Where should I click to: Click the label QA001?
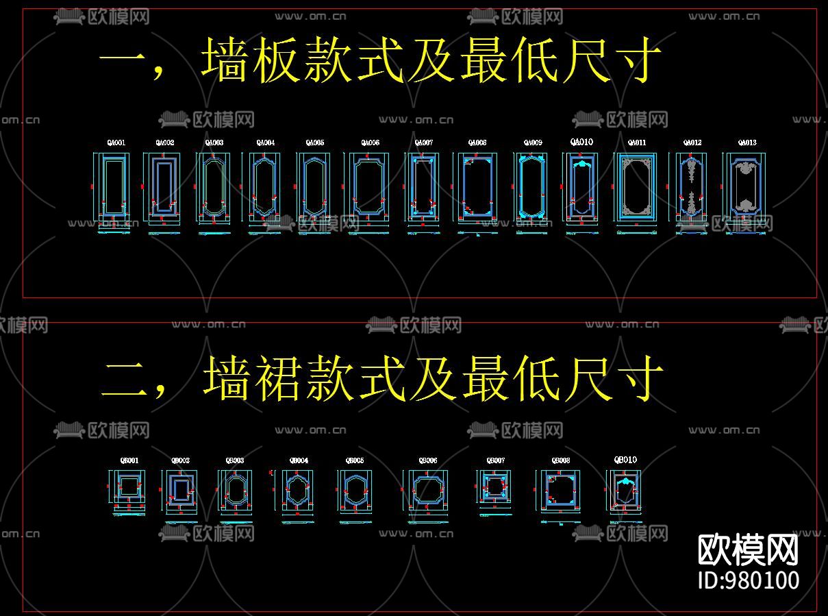click(116, 143)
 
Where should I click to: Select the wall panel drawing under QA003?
click(214, 186)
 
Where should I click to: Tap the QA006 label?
click(371, 143)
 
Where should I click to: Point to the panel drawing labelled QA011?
click(636, 186)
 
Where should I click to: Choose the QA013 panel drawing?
click(747, 186)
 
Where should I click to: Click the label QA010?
click(581, 142)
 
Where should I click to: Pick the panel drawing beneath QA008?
click(477, 186)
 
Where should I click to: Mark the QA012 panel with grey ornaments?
click(692, 186)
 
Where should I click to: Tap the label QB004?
click(299, 460)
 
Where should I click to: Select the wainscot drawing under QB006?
click(428, 489)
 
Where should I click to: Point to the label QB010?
click(625, 460)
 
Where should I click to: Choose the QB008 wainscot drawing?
click(561, 489)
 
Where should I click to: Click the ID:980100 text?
click(748, 580)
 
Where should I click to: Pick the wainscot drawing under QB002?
click(180, 489)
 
